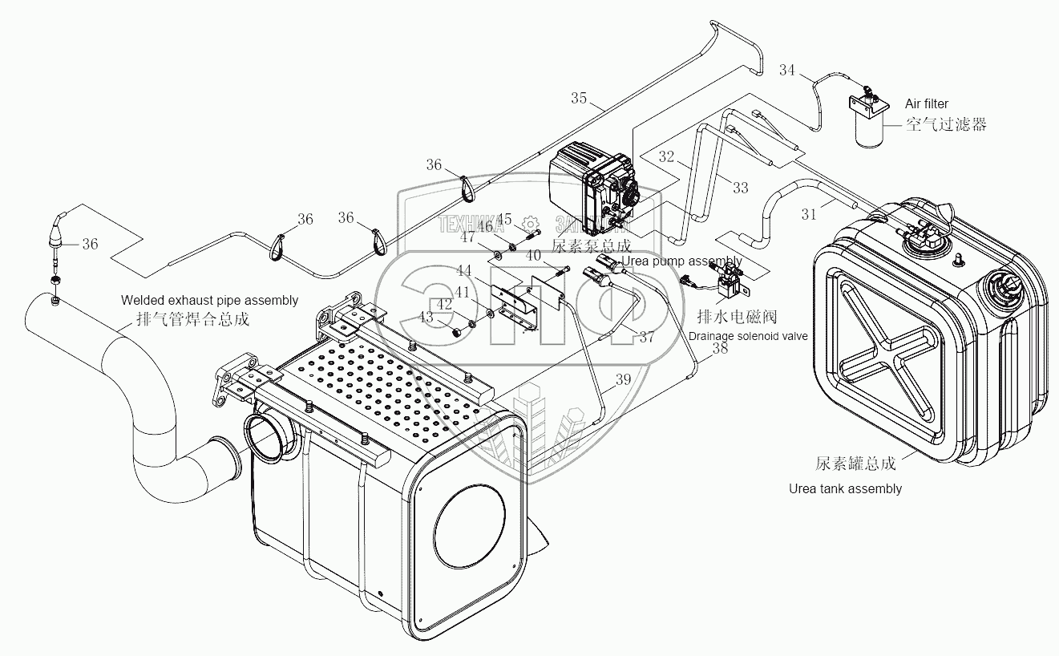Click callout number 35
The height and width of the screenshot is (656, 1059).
pos(579,99)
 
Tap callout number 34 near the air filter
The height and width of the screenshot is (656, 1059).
pos(786,71)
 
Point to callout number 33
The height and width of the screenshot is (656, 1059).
pos(740,188)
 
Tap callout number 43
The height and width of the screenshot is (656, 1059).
pos(425,318)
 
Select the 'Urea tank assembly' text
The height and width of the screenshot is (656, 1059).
pos(845,488)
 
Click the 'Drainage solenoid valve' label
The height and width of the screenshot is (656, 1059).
pos(748,336)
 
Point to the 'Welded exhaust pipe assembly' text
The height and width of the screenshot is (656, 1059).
pos(209,301)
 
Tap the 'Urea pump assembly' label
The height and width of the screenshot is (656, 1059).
pos(682,261)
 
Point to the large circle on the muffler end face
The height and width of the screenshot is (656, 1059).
pos(470,523)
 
